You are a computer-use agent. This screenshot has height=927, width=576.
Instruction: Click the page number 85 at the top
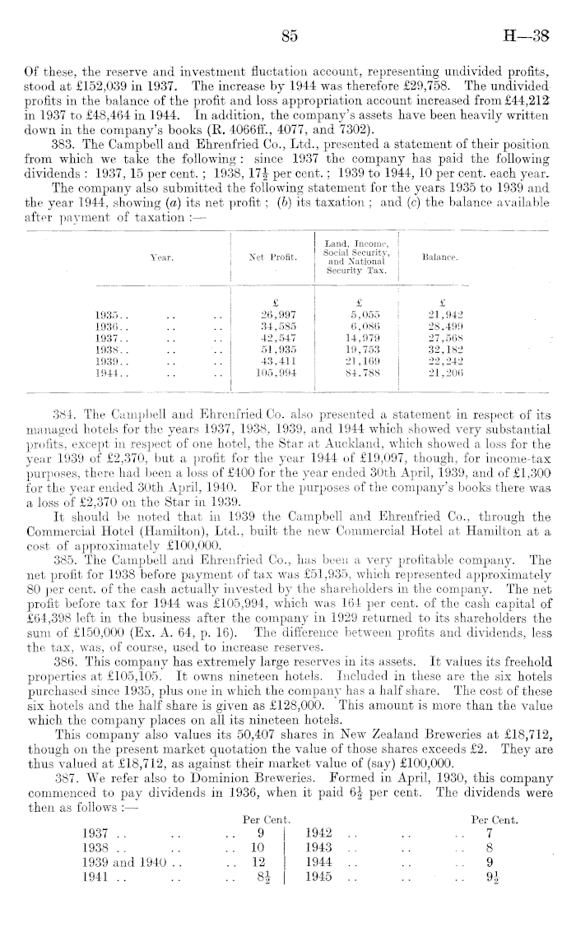(288, 35)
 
